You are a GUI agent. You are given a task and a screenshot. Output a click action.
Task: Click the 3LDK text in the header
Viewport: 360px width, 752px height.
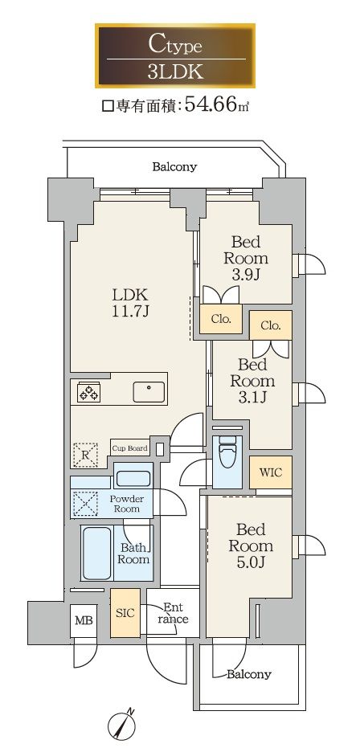pyautogui.click(x=175, y=72)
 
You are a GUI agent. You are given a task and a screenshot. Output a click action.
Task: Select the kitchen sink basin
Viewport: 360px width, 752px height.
pyautogui.click(x=149, y=392)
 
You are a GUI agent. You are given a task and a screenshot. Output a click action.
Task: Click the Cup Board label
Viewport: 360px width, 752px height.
pyautogui.click(x=129, y=448)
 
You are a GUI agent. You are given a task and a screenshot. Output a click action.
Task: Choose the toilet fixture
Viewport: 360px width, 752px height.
pyautogui.click(x=227, y=454)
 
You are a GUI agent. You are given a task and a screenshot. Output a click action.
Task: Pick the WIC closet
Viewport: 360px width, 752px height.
pyautogui.click(x=271, y=472)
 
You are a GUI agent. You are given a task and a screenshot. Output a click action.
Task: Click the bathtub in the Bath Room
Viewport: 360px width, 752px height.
pyautogui.click(x=97, y=553)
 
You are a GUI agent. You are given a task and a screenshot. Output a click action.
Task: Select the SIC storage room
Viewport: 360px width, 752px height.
pyautogui.click(x=126, y=613)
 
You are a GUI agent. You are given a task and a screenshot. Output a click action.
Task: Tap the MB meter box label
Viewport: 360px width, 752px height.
pyautogui.click(x=83, y=621)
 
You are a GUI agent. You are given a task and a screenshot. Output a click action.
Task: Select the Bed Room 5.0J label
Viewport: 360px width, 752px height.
pyautogui.click(x=251, y=546)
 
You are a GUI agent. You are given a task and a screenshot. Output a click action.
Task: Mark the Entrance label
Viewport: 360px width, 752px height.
pyautogui.click(x=174, y=612)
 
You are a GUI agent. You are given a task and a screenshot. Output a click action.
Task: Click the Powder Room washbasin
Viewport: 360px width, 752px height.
pyautogui.click(x=133, y=478)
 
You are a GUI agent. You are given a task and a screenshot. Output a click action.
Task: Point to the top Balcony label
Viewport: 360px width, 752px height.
pyautogui.click(x=174, y=167)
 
